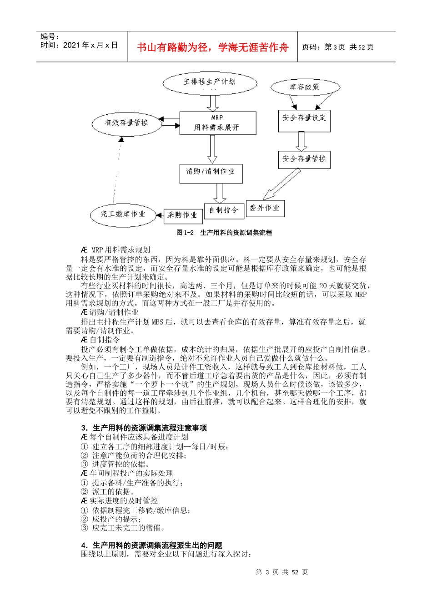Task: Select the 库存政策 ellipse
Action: coord(305,87)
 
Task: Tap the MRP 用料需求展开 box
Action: coord(217,123)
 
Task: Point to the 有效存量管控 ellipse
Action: coord(126,123)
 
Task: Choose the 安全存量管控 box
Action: coord(304,159)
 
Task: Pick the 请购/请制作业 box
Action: coord(211,173)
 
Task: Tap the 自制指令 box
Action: coord(223,210)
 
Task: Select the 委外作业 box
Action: coord(265,208)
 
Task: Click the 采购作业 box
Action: coord(183,215)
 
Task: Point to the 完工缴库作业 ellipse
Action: coord(123,214)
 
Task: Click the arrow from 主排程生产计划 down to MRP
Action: coord(212,103)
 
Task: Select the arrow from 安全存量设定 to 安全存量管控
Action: coord(301,141)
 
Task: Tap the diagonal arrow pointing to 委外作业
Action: coord(281,184)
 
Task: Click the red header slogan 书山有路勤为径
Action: coord(213,47)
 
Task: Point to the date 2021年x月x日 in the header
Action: coord(80,45)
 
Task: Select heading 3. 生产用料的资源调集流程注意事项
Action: coord(144,428)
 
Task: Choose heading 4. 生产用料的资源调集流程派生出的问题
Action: coord(152,545)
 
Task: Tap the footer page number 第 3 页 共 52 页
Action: coord(282,572)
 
